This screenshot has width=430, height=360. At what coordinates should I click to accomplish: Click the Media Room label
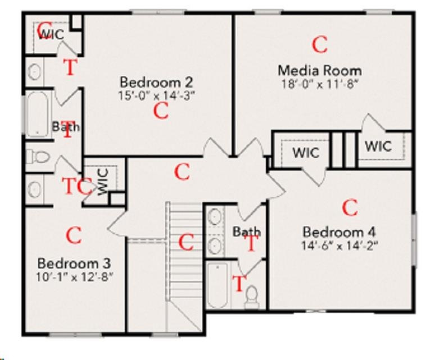320,71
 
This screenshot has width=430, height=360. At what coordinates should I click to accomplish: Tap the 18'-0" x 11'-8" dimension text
320,84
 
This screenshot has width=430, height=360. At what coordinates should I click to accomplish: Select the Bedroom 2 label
157,82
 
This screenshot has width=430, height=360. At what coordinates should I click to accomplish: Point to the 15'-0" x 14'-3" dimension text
157,95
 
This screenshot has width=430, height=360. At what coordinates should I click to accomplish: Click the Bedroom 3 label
74,263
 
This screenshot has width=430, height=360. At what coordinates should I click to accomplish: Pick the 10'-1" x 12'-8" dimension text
75,277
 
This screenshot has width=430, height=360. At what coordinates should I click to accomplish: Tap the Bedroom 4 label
340,232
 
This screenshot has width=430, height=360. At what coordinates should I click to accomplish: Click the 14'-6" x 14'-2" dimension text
340,245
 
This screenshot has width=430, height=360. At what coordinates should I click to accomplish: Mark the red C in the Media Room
320,44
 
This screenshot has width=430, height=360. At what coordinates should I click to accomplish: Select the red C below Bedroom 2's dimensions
161,111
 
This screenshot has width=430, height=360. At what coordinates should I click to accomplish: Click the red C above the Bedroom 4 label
350,208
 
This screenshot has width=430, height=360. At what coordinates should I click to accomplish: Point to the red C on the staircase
186,242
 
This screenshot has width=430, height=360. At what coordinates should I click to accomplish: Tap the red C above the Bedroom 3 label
74,236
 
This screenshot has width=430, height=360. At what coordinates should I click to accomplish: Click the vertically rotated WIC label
103,181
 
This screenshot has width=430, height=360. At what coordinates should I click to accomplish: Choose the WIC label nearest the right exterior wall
378,146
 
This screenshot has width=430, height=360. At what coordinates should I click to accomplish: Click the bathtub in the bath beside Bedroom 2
38,114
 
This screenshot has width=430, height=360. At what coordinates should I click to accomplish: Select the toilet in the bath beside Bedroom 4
252,297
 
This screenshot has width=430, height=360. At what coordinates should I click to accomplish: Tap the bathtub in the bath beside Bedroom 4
217,285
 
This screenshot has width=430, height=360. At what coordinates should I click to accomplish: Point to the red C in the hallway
182,172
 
